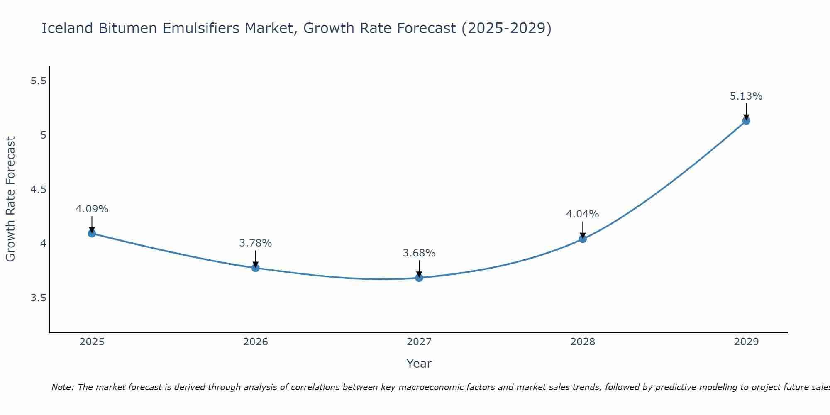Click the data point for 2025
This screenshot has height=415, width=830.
coord(92,233)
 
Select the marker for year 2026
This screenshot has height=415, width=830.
coord(255,268)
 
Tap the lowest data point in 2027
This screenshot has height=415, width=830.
coord(419,278)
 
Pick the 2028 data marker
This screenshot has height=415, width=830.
coord(583,239)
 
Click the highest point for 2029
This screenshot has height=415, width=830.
coord(746,121)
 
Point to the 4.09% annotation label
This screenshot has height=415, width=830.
coord(92,209)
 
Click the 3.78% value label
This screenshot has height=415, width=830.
coord(255,243)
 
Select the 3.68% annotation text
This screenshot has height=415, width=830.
coord(419,253)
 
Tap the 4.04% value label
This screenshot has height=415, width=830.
coord(583,214)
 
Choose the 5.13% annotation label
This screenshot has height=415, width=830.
coord(746,96)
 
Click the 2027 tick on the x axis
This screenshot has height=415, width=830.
coord(419,342)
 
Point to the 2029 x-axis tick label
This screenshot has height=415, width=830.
coord(746,342)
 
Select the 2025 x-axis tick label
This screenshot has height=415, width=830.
coord(92,342)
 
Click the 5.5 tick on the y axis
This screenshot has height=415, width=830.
coord(38,81)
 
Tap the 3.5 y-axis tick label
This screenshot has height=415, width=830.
coord(38,298)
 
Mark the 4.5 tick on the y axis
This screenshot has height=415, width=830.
coord(38,190)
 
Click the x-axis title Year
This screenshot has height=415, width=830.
coord(419,364)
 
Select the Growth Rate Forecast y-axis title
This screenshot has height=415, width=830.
coord(11,199)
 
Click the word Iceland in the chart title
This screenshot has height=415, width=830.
coord(67,28)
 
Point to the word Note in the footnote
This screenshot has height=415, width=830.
coord(62,387)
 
